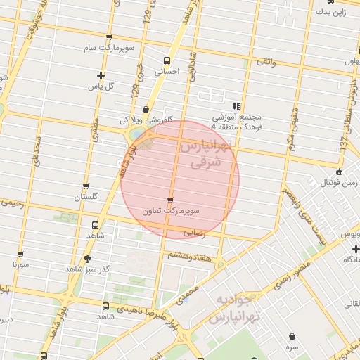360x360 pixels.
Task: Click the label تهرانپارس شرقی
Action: [205, 154]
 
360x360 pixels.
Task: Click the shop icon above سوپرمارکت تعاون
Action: [170, 200]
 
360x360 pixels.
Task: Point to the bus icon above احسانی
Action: [167, 60]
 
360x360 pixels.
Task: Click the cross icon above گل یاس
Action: [101, 75]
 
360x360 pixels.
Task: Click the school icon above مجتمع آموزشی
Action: [236, 105]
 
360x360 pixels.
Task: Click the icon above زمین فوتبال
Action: [340, 172]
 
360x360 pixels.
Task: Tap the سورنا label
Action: [20, 265]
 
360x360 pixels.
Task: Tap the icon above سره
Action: [292, 337]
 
